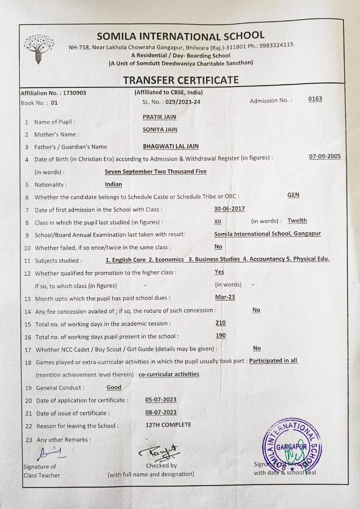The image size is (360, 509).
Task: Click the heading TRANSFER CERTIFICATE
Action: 181,80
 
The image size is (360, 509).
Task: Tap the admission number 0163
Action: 315,99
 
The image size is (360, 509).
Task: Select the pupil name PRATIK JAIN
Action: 159,117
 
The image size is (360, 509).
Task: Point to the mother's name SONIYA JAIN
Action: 160,130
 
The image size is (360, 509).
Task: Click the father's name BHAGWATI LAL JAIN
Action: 171,146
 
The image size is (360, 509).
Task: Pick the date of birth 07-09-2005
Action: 325,156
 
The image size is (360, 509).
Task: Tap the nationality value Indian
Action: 113,185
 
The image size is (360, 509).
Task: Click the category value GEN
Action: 293,195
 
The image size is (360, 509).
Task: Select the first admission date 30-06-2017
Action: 229,208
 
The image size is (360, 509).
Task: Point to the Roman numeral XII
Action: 218,221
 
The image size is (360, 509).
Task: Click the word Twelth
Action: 297,221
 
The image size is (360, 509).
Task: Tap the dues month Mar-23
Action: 225,297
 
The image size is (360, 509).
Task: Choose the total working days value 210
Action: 221,323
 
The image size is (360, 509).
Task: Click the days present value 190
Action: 221,336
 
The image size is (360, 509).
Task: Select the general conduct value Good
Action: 114,387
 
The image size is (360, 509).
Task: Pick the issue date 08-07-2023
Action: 161,412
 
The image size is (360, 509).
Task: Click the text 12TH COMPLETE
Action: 168,425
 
